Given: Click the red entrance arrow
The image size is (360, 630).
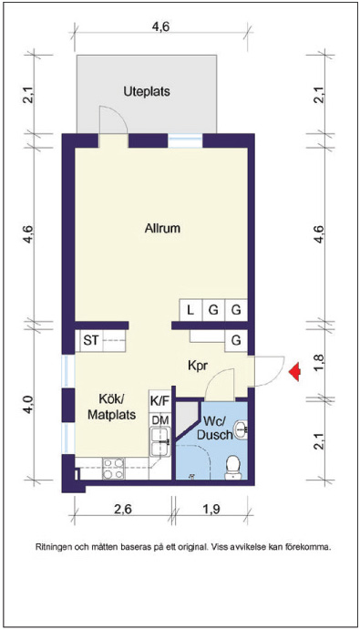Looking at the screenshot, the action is point(295,372).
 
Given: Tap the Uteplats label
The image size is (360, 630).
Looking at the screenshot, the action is point(147,91).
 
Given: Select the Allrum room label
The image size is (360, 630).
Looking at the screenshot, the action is point(162,229).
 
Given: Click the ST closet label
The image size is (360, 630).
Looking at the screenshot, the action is point(91,340).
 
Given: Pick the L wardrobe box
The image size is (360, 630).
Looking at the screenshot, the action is point(190,310).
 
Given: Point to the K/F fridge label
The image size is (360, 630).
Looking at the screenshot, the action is point(159,400).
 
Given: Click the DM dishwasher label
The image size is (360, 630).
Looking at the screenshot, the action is point(159,420).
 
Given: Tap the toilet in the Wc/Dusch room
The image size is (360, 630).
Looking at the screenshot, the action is point(232,468).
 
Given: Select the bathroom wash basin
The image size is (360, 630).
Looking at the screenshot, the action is point(242,430).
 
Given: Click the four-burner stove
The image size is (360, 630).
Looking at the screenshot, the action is point(113,469).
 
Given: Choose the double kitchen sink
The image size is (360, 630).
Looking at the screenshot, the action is point(160,442).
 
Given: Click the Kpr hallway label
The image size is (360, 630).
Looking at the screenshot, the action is point(197,366).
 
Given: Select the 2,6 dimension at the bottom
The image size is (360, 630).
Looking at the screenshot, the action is point(123,510).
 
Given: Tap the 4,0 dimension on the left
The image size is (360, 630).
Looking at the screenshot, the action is point(28,405).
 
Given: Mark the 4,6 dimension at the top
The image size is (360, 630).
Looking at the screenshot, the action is point(161,27).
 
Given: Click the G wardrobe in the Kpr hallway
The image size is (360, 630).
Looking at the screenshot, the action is point(236,341).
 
